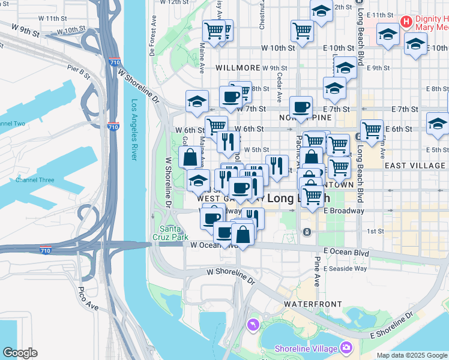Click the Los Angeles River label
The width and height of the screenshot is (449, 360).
point(134,130)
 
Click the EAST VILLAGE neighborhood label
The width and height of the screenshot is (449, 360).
point(415,166)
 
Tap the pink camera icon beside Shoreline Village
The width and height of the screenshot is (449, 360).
point(346,347)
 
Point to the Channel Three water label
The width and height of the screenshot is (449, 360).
point(35,180)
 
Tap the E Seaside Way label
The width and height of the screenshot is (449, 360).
point(345,268)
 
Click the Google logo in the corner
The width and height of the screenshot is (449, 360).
point(20,353)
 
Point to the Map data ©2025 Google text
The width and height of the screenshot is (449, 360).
point(412,355)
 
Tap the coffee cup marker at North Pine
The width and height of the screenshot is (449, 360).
point(301,108)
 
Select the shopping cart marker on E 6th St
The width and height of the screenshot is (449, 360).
point(372,130)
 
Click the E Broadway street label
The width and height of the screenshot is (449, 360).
point(344,211)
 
